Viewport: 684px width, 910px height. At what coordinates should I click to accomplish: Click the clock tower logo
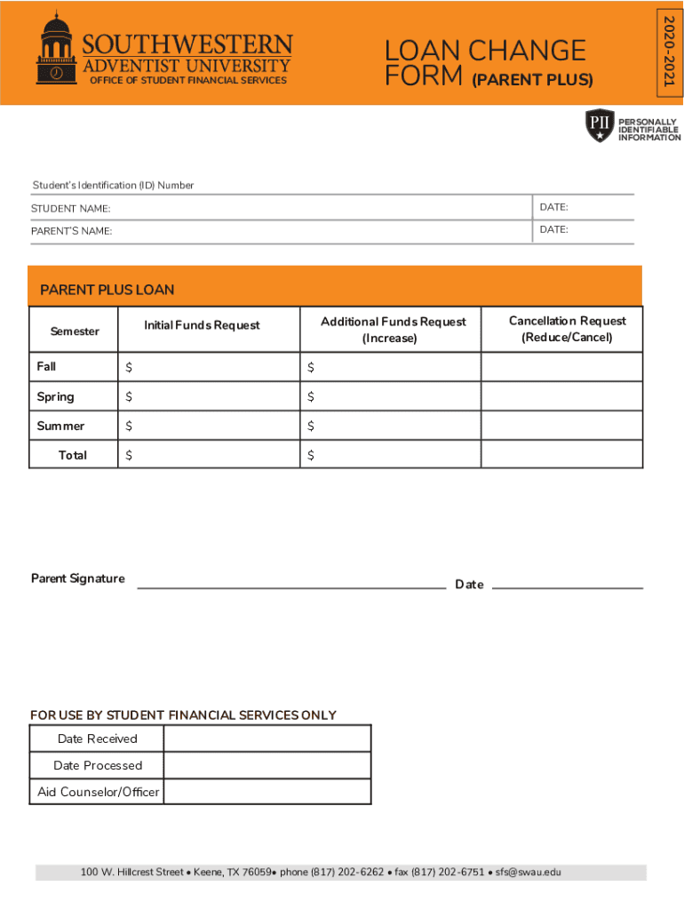pyautogui.click(x=55, y=50)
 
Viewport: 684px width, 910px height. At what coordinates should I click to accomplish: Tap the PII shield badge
pyautogui.click(x=600, y=126)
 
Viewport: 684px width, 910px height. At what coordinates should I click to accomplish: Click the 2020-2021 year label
pyautogui.click(x=669, y=52)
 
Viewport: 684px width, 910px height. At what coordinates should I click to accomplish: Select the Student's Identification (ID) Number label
pyautogui.click(x=113, y=185)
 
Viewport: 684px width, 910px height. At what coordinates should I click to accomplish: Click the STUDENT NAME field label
pyautogui.click(x=71, y=209)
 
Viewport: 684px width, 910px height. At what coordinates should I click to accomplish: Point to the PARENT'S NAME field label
pyautogui.click(x=72, y=231)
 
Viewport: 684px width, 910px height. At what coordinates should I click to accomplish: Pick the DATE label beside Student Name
pyautogui.click(x=553, y=207)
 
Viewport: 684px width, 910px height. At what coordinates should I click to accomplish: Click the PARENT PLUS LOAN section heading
pyautogui.click(x=107, y=290)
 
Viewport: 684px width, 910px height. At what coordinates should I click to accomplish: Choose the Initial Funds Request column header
pyautogui.click(x=202, y=325)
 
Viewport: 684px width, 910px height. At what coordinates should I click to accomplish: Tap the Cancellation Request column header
pyautogui.click(x=567, y=329)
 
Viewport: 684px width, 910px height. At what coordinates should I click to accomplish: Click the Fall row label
pyautogui.click(x=46, y=366)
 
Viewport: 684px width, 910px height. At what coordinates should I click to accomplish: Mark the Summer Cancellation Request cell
pyautogui.click(x=561, y=426)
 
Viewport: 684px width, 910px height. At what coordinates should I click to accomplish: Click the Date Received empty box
pyautogui.click(x=266, y=738)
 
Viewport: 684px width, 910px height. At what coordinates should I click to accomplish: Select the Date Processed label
pyautogui.click(x=98, y=765)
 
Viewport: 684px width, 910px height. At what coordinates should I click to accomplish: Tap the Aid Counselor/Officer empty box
pyautogui.click(x=266, y=792)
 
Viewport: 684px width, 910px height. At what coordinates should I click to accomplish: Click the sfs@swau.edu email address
pyautogui.click(x=529, y=873)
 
